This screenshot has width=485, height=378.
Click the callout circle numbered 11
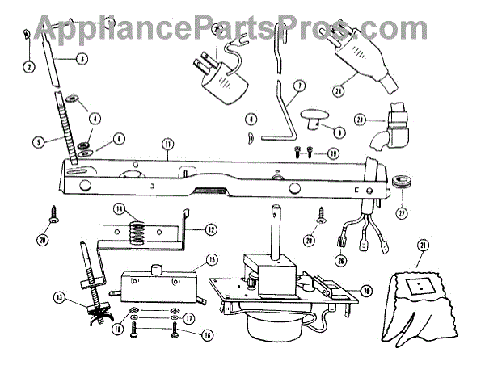point(167,145)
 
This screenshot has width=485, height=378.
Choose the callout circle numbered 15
point(211,260)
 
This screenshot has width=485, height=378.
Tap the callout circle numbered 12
point(209,229)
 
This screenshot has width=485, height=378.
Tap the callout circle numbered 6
point(119,139)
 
